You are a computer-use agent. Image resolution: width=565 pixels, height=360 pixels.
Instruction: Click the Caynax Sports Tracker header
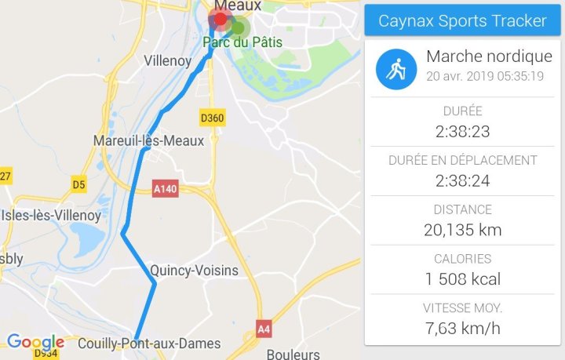(462, 20)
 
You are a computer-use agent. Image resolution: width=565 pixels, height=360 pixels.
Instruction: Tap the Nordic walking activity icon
(395, 69)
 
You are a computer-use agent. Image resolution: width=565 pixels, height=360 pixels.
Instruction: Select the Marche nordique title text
(489, 56)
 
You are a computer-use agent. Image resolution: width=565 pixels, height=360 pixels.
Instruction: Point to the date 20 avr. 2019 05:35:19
(485, 77)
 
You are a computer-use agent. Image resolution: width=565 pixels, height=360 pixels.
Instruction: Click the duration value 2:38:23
(462, 132)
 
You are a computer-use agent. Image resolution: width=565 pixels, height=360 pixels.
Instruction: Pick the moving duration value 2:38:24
(462, 181)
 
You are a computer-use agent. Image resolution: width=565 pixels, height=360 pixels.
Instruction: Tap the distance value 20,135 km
(462, 230)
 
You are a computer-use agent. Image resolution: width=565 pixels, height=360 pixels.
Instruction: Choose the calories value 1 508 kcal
(462, 278)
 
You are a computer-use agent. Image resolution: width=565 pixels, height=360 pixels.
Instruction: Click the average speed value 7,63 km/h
(462, 328)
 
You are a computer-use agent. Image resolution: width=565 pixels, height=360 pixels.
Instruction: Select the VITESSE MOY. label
(462, 307)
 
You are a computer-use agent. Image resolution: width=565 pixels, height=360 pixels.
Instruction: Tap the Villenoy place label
(169, 60)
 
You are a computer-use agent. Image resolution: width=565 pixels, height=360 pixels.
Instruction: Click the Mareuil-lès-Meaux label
(148, 141)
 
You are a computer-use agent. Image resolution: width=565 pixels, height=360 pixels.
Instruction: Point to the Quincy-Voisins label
(194, 271)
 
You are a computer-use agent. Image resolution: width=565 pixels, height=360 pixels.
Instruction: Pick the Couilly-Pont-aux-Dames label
(149, 344)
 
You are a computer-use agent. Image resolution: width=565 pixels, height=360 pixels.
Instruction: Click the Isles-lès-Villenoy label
(51, 215)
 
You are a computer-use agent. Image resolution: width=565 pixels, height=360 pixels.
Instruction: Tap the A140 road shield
(166, 188)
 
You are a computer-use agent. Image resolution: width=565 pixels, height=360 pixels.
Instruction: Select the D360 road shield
(212, 118)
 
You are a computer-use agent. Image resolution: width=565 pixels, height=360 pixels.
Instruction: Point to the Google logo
(35, 342)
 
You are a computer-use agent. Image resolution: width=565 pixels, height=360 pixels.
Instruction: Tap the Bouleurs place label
(293, 354)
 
